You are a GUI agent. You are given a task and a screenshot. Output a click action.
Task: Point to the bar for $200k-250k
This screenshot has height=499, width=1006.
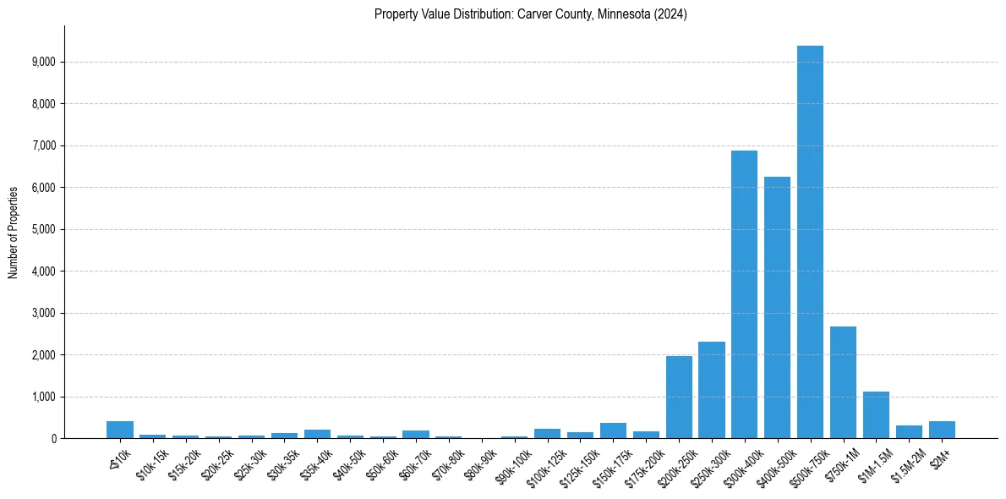point(679,398)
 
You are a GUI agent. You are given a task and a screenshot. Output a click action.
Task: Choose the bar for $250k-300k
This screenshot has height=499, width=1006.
point(712,390)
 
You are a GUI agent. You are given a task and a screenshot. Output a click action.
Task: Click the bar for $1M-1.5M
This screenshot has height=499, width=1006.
point(876,415)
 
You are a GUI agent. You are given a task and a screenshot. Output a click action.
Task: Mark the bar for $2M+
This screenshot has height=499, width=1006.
point(942,430)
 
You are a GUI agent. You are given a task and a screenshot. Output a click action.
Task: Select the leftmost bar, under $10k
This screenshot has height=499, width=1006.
point(120,430)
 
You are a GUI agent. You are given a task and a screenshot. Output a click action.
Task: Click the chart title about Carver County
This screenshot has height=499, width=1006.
point(530,14)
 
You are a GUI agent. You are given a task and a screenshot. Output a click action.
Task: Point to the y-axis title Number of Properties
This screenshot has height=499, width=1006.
point(14,233)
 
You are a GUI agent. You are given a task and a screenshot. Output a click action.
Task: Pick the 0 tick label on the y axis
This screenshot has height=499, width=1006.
point(52,439)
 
